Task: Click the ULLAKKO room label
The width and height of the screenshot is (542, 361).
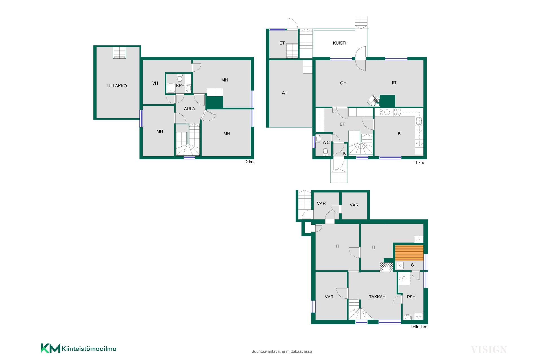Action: tap(117, 86)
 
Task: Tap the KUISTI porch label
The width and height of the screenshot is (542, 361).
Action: tap(339, 43)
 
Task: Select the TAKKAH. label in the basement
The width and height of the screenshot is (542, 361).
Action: tap(377, 297)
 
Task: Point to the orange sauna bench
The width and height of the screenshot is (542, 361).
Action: tap(409, 253)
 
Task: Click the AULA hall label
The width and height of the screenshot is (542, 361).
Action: tap(189, 109)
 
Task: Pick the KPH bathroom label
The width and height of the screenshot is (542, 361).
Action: tap(180, 85)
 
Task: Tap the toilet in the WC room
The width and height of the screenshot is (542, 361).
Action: tap(325, 152)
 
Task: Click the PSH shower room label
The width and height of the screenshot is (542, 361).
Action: tap(411, 297)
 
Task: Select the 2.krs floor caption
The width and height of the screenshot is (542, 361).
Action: tap(250, 162)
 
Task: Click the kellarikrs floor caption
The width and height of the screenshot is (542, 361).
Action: tap(419, 327)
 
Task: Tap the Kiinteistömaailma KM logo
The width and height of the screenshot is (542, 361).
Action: tap(78, 348)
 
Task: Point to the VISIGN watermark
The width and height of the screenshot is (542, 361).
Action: tap(489, 350)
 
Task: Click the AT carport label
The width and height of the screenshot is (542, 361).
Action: tap(284, 93)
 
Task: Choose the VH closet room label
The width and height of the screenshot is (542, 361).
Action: tap(155, 83)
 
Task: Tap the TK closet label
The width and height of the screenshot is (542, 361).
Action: tap(343, 153)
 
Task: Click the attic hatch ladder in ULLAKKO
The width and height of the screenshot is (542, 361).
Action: tap(119, 53)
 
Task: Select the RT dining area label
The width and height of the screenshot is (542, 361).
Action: tap(394, 83)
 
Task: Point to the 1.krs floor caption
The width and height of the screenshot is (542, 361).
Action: tap(419, 163)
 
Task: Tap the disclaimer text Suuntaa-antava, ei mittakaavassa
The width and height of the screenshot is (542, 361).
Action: tap(282, 351)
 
